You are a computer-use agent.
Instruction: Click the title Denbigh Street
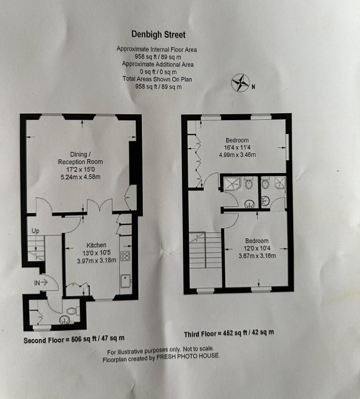click(x=158, y=34)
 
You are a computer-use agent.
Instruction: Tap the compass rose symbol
click(x=240, y=83)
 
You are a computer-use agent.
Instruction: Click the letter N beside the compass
click(x=253, y=87)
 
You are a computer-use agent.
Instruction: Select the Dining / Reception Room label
click(x=80, y=158)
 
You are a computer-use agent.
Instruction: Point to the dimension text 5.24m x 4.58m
click(x=80, y=177)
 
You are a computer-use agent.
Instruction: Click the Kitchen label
click(x=96, y=245)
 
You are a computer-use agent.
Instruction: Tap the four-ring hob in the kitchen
click(x=125, y=256)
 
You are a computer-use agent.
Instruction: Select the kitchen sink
click(x=125, y=281)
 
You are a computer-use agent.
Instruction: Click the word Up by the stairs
click(x=35, y=231)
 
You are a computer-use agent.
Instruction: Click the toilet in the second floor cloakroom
click(x=73, y=311)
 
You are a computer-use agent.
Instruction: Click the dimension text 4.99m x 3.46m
click(x=237, y=155)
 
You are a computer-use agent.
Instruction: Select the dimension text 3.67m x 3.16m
click(x=257, y=256)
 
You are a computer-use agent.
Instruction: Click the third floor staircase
click(x=205, y=250)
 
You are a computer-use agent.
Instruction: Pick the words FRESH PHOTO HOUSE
click(x=188, y=356)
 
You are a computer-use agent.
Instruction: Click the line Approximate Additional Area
click(x=158, y=64)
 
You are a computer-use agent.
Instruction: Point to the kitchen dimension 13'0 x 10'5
click(x=96, y=253)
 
